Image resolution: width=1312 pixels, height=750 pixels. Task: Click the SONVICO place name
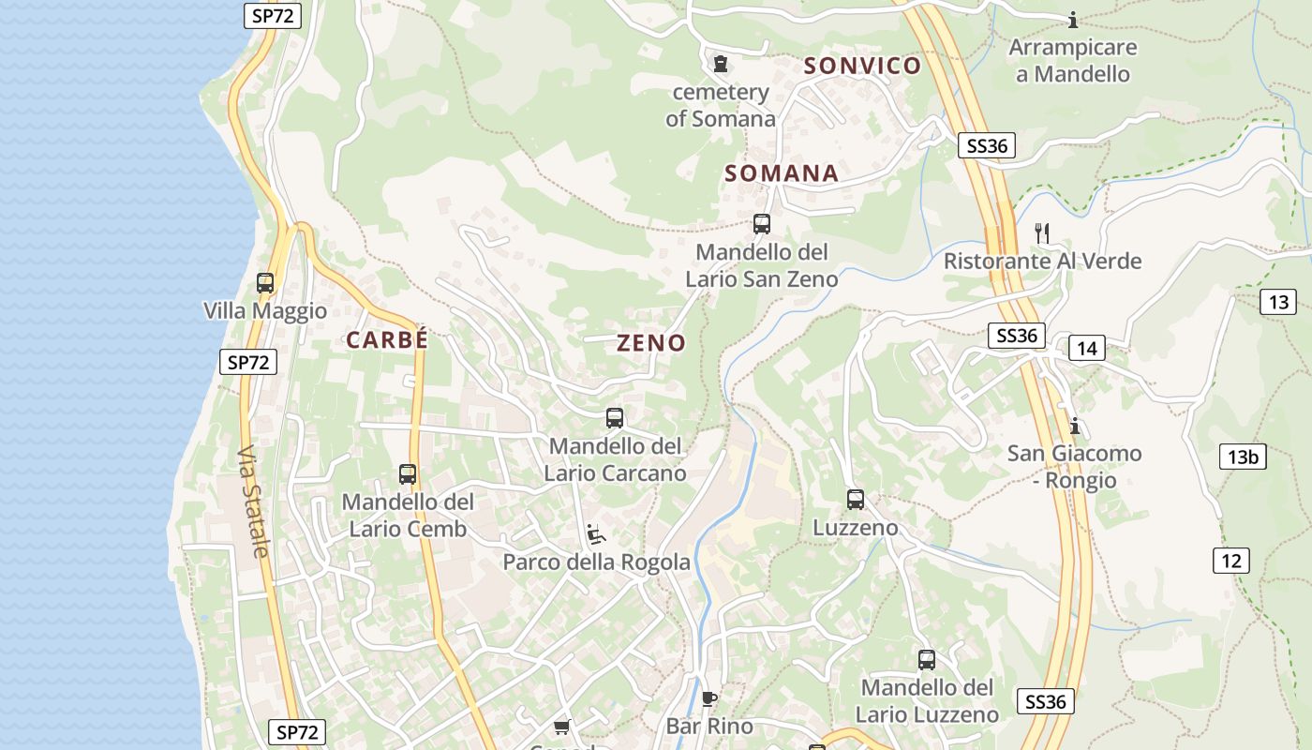(862, 66)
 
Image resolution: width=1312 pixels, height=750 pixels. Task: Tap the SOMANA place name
(781, 173)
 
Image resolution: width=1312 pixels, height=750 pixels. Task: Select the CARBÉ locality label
(387, 340)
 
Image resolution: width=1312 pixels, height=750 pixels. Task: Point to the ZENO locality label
(651, 343)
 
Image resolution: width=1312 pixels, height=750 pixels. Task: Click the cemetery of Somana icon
(720, 64)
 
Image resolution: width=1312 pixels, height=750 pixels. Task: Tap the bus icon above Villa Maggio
(265, 282)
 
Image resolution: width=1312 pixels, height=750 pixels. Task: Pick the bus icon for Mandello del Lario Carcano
(615, 418)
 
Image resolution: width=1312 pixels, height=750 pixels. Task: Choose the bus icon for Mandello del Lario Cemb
(407, 474)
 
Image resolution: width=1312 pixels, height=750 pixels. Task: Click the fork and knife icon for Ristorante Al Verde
(1042, 232)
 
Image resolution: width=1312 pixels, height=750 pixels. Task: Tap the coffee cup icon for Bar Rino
(709, 698)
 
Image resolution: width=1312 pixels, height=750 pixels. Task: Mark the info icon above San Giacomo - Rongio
(1074, 427)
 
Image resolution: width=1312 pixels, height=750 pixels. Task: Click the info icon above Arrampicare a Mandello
(1073, 20)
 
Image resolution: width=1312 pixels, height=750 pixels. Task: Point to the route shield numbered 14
(1086, 349)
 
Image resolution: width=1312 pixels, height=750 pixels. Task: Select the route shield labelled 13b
(1243, 457)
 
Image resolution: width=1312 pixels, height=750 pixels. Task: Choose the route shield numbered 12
(1230, 561)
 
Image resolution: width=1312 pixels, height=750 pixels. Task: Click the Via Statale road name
(253, 502)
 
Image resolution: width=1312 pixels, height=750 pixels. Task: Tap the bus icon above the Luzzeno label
(855, 500)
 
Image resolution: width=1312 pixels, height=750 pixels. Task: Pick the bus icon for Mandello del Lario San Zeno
(762, 224)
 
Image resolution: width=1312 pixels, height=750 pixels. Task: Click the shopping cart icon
(562, 727)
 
